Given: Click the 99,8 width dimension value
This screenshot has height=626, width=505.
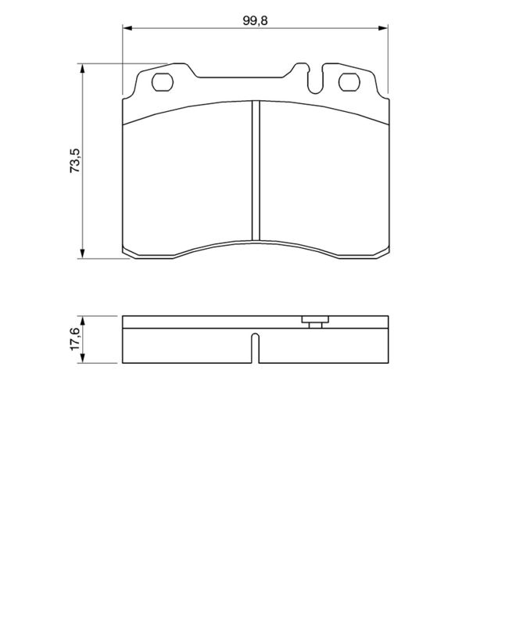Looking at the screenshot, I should click(x=255, y=20).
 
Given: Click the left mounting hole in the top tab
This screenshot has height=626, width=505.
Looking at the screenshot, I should click(x=163, y=81).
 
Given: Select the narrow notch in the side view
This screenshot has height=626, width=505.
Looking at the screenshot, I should click(x=255, y=348).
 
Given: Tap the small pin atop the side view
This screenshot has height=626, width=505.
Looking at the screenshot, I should click(x=314, y=321).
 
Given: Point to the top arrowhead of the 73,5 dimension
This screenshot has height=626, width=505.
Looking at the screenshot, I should click(x=83, y=68).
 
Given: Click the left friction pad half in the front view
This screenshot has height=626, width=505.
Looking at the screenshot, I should click(x=188, y=180).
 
